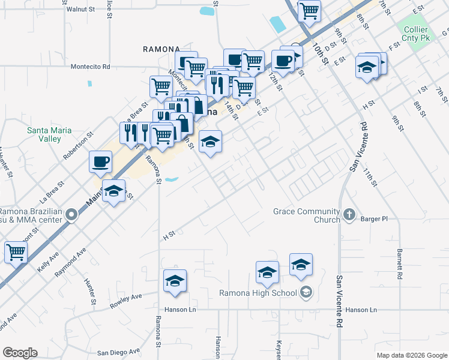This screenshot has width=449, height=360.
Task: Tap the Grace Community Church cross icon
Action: coord(349,214)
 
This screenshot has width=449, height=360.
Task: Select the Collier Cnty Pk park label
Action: coord(413,34)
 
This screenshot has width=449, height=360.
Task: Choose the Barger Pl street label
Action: coord(375,219)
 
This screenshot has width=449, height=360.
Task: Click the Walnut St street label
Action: coord(81,10)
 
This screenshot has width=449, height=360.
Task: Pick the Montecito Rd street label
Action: coord(91,67)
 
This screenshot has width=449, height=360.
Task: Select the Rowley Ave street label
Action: coord(125,301)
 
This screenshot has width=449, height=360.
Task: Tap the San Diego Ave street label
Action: coord(119,352)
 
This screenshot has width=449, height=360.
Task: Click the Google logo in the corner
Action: coord(20,353)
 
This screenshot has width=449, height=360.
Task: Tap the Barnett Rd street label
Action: coord(399,264)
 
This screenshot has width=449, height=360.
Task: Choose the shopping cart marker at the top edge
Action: coord(309,10)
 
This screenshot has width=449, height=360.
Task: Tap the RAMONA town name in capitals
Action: coord(161,49)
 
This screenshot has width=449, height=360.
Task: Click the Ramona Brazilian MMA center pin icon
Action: coord(71,214)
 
